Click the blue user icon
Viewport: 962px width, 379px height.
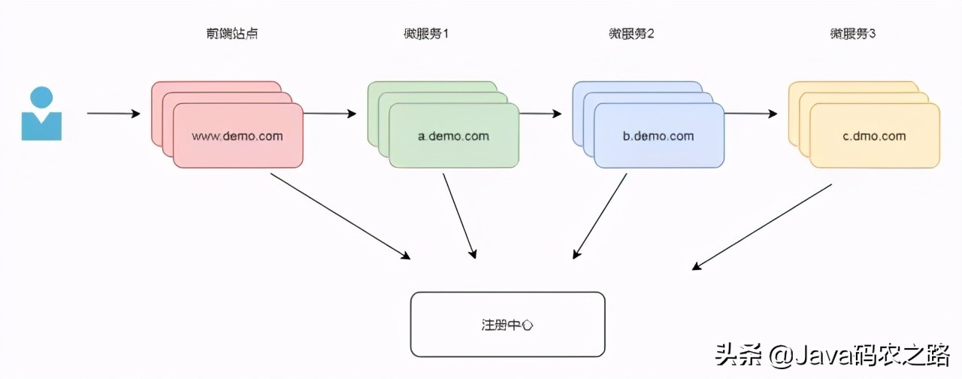[41, 114]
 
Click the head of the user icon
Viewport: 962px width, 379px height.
[41, 97]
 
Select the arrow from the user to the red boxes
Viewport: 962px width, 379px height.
[113, 114]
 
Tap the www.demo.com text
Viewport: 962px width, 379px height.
[237, 136]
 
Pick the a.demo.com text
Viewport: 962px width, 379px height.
[453, 136]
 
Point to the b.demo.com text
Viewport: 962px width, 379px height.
[658, 136]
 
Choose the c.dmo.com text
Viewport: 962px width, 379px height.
[874, 136]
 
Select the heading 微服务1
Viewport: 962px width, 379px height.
[425, 34]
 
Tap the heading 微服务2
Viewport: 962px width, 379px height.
[631, 34]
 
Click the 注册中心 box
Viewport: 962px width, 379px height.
[507, 324]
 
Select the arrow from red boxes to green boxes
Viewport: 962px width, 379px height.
[329, 114]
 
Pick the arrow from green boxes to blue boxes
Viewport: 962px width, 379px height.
[540, 114]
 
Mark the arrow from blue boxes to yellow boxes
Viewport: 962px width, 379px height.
[751, 114]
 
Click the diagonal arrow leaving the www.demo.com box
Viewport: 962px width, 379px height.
[340, 216]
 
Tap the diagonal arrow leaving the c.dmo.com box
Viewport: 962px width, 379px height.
[762, 226]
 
